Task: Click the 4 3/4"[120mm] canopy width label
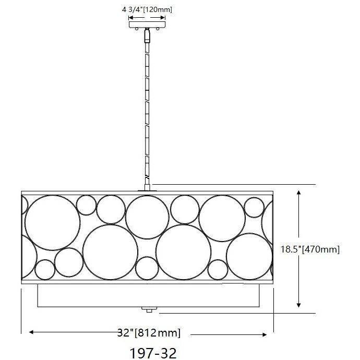(x=147, y=8)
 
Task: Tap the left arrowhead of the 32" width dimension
(x=31, y=332)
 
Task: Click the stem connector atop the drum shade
(x=147, y=187)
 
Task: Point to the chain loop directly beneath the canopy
(x=147, y=36)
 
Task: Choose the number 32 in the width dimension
(x=123, y=332)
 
